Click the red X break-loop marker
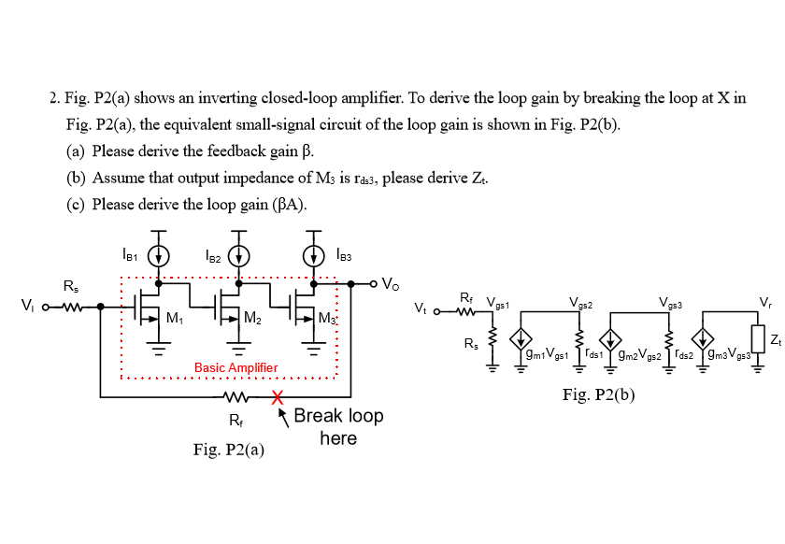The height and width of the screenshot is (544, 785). [x=278, y=397]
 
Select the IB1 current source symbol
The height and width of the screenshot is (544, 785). [x=160, y=255]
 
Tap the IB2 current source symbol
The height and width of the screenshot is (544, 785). [x=239, y=255]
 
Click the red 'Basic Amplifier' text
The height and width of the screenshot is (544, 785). [x=235, y=368]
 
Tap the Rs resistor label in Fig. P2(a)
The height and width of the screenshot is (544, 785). [x=71, y=285]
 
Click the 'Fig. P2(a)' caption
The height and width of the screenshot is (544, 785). [x=228, y=450]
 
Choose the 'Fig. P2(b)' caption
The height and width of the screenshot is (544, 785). [x=598, y=394]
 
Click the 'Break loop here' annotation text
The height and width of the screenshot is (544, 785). [x=337, y=426]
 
